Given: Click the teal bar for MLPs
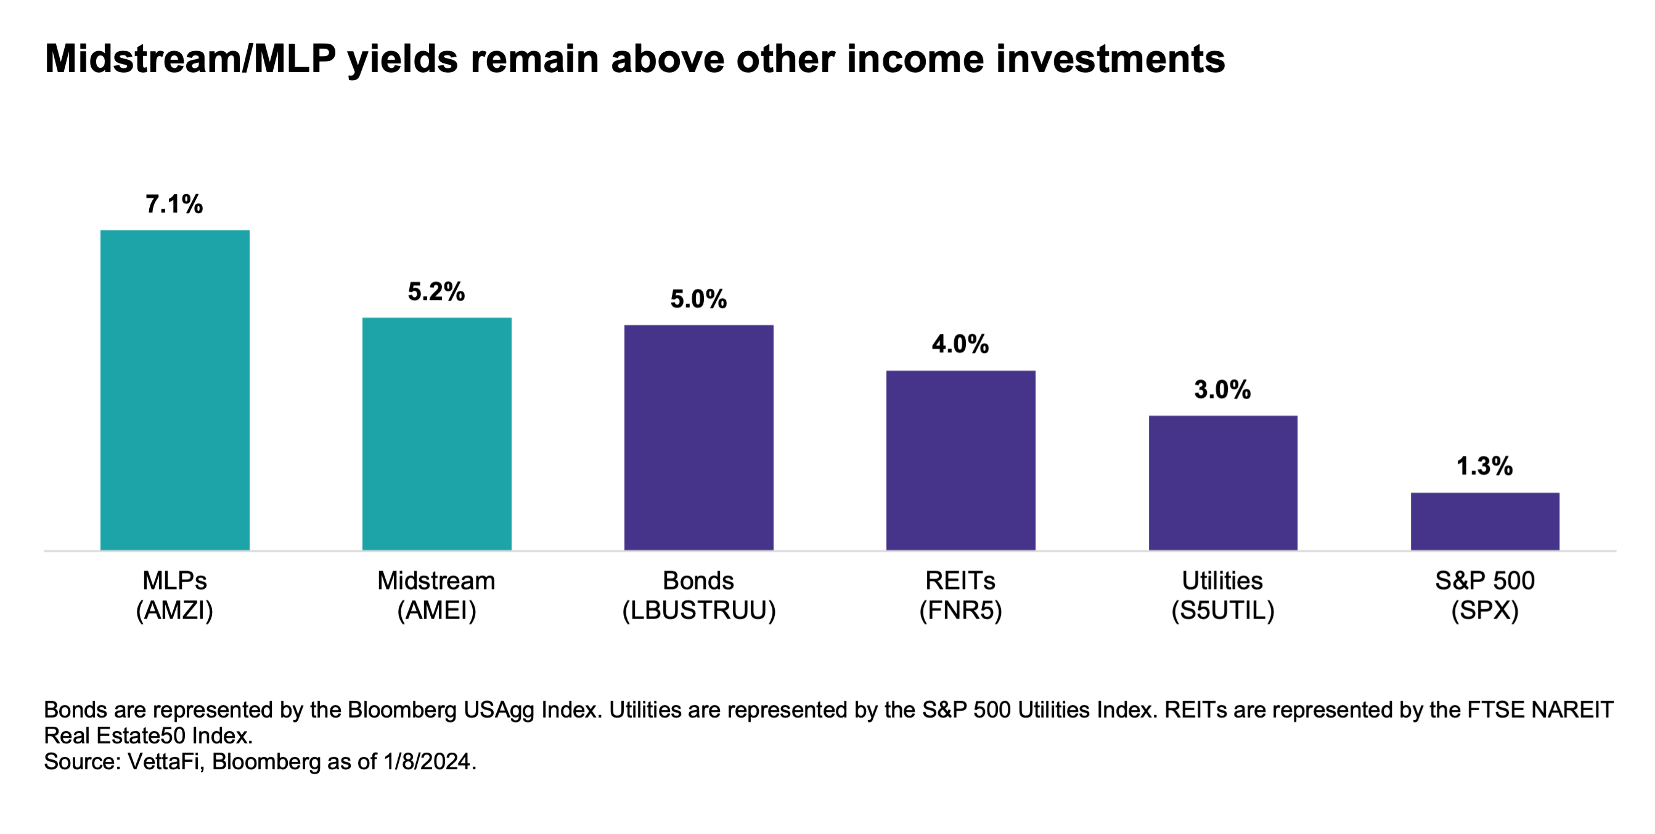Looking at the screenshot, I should pyautogui.click(x=175, y=390).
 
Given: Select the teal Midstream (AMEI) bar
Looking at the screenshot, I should pyautogui.click(x=437, y=434).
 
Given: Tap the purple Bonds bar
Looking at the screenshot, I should pyautogui.click(x=698, y=437).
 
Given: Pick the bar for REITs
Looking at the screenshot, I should pyautogui.click(x=960, y=460).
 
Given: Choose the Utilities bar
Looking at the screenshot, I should pyautogui.click(x=1223, y=482).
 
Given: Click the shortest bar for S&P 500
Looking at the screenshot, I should pyautogui.click(x=1485, y=520).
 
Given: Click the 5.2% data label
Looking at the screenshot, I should pyautogui.click(x=436, y=291).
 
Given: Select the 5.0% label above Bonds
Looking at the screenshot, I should pyautogui.click(x=698, y=299).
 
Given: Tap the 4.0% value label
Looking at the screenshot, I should pyautogui.click(x=960, y=344).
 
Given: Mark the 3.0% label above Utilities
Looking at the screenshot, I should pyautogui.click(x=1223, y=390).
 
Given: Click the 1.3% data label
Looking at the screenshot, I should pyautogui.click(x=1485, y=466).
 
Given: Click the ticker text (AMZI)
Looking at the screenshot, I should pyautogui.click(x=175, y=610).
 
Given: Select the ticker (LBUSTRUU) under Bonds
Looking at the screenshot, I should pyautogui.click(x=699, y=610).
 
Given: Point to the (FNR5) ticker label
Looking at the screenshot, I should pyautogui.click(x=960, y=610).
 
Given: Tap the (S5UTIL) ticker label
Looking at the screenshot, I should pyautogui.click(x=1223, y=610).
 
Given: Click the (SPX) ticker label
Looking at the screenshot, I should pyautogui.click(x=1485, y=610).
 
